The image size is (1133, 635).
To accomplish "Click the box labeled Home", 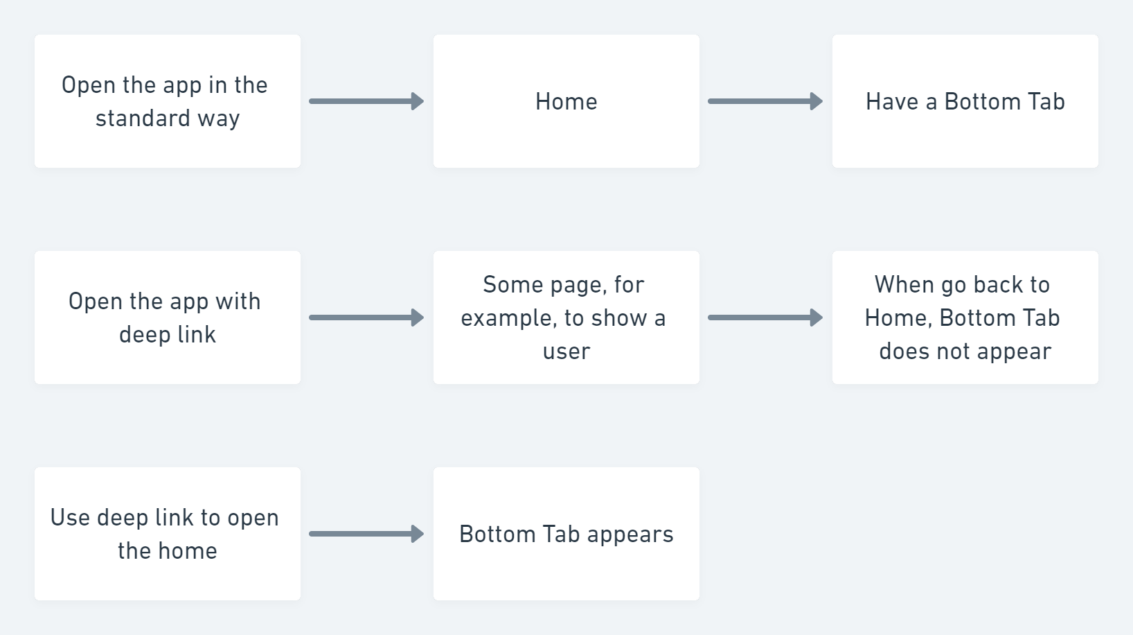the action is point(566,101).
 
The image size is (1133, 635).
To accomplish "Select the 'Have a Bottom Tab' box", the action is point(965,101).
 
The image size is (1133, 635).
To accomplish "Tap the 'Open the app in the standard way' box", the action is point(168,101).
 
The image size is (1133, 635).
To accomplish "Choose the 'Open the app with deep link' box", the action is point(168,317).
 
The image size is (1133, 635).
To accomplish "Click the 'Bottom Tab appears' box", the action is point(566,534).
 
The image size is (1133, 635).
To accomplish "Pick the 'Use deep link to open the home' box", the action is point(168,534).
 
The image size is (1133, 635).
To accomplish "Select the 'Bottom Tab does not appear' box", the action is point(965,317).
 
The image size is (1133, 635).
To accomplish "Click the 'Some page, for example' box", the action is point(566,317).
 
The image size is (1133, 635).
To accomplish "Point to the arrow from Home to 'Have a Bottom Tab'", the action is point(765,101).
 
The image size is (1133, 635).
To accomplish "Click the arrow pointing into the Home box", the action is point(367,101).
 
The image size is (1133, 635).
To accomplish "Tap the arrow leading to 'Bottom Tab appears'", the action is point(367,534).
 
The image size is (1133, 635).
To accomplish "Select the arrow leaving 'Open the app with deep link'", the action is point(367,317).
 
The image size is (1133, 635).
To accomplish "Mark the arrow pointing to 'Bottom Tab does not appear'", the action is point(765,317).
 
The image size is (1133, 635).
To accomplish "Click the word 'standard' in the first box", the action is point(143,118).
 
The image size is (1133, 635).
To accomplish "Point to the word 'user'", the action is point(566,351).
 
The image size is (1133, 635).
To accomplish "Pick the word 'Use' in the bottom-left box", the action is point(70,518).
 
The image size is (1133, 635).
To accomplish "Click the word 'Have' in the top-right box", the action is point(892,101).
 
